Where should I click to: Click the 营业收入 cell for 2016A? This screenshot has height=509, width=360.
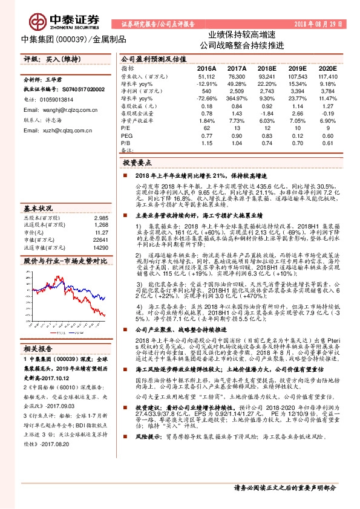pos(206,77)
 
